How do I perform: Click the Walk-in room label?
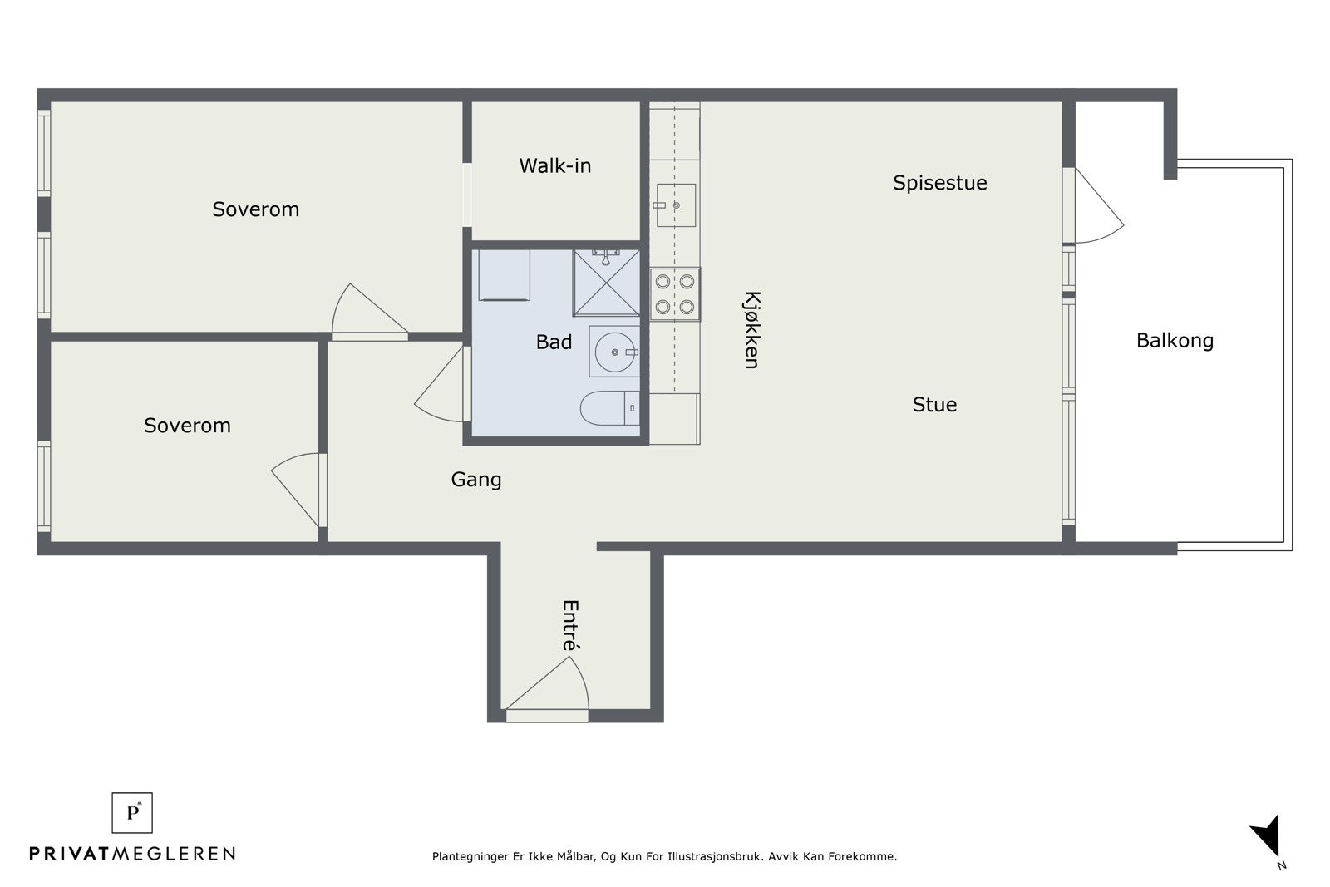click(555, 165)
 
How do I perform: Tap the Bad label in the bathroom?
click(554, 342)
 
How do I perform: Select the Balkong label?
click(1175, 341)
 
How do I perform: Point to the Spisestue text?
click(940, 183)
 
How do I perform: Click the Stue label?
click(934, 404)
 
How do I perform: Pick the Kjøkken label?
click(751, 330)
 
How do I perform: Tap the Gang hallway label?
click(476, 480)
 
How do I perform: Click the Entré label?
click(570, 625)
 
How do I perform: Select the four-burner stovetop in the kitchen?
click(675, 294)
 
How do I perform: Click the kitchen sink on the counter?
click(676, 205)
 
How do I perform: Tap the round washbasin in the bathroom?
click(614, 352)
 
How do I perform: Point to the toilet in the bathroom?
click(610, 408)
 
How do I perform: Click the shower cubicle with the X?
click(606, 283)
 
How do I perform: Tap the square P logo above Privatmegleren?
click(132, 813)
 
